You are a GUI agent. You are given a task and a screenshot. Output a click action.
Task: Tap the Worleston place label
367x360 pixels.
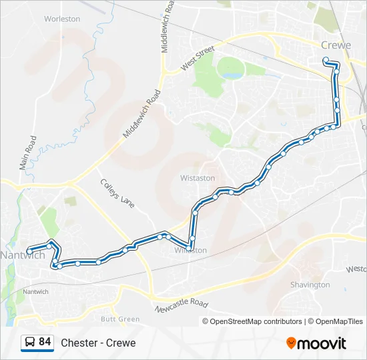point(62,19)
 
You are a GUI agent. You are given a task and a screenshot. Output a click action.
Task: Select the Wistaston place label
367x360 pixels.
point(198,178)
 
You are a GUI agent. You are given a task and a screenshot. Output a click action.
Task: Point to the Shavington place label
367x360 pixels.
point(310,285)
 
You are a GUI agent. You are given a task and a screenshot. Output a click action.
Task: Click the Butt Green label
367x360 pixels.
point(120,319)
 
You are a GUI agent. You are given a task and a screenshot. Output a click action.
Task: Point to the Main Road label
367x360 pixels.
point(29,153)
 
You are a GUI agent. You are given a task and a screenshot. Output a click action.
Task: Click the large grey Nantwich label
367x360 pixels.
point(23,255)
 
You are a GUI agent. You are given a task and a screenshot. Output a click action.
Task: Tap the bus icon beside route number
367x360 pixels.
point(29,343)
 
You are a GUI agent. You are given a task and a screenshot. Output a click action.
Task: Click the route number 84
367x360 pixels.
point(45,342)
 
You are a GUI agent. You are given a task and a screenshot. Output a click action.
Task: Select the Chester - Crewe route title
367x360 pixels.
point(98,343)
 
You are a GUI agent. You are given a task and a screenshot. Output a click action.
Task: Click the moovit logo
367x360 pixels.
point(316,343)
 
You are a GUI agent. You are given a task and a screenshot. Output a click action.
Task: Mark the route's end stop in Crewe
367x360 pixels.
point(326,60)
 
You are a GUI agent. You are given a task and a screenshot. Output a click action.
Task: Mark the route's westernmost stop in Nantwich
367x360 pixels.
point(29,251)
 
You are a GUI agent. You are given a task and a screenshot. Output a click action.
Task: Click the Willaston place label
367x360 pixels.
point(191,250)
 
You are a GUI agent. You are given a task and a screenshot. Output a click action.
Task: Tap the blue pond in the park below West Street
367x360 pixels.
point(233,75)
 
